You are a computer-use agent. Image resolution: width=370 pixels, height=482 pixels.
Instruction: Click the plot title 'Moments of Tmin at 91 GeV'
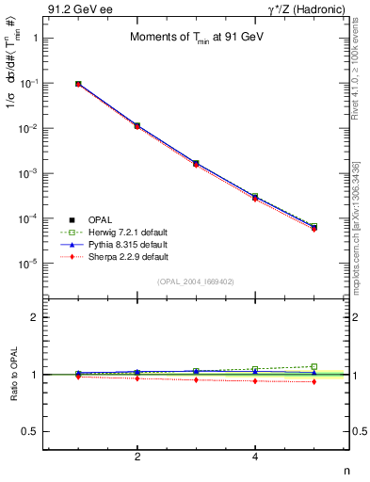(x=196, y=38)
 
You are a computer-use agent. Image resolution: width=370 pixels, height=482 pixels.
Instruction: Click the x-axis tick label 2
(x=137, y=457)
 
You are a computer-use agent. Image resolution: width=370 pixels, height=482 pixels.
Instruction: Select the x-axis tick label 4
(x=255, y=457)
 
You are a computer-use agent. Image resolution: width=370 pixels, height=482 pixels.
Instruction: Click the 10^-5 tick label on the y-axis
(x=29, y=264)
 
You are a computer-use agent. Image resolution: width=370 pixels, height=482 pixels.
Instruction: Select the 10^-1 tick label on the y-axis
(x=29, y=83)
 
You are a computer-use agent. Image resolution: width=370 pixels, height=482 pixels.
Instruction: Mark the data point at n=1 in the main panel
(x=78, y=84)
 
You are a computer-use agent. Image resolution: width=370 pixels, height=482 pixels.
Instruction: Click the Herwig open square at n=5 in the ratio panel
(x=314, y=366)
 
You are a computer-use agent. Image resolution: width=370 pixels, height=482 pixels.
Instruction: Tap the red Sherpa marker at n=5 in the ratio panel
(x=314, y=381)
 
